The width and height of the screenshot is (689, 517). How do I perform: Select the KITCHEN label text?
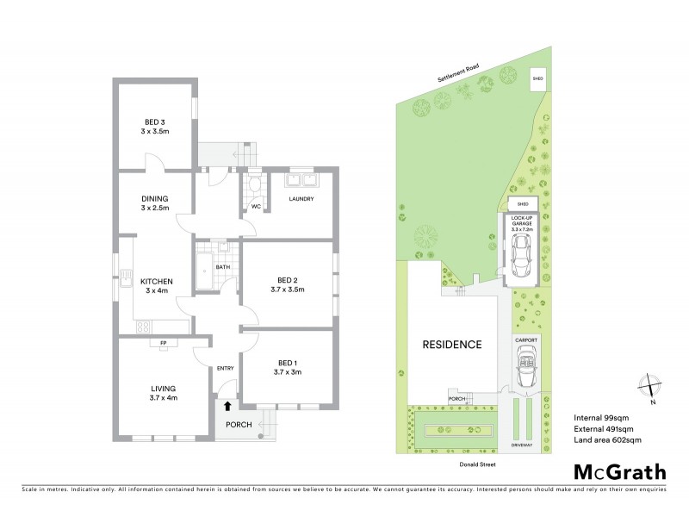158,281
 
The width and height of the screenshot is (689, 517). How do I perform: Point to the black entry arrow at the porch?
227,404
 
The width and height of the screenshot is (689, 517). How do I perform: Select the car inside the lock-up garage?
522,253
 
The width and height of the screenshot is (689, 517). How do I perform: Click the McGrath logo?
619,472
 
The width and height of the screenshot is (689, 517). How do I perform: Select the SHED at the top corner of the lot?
538,78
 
